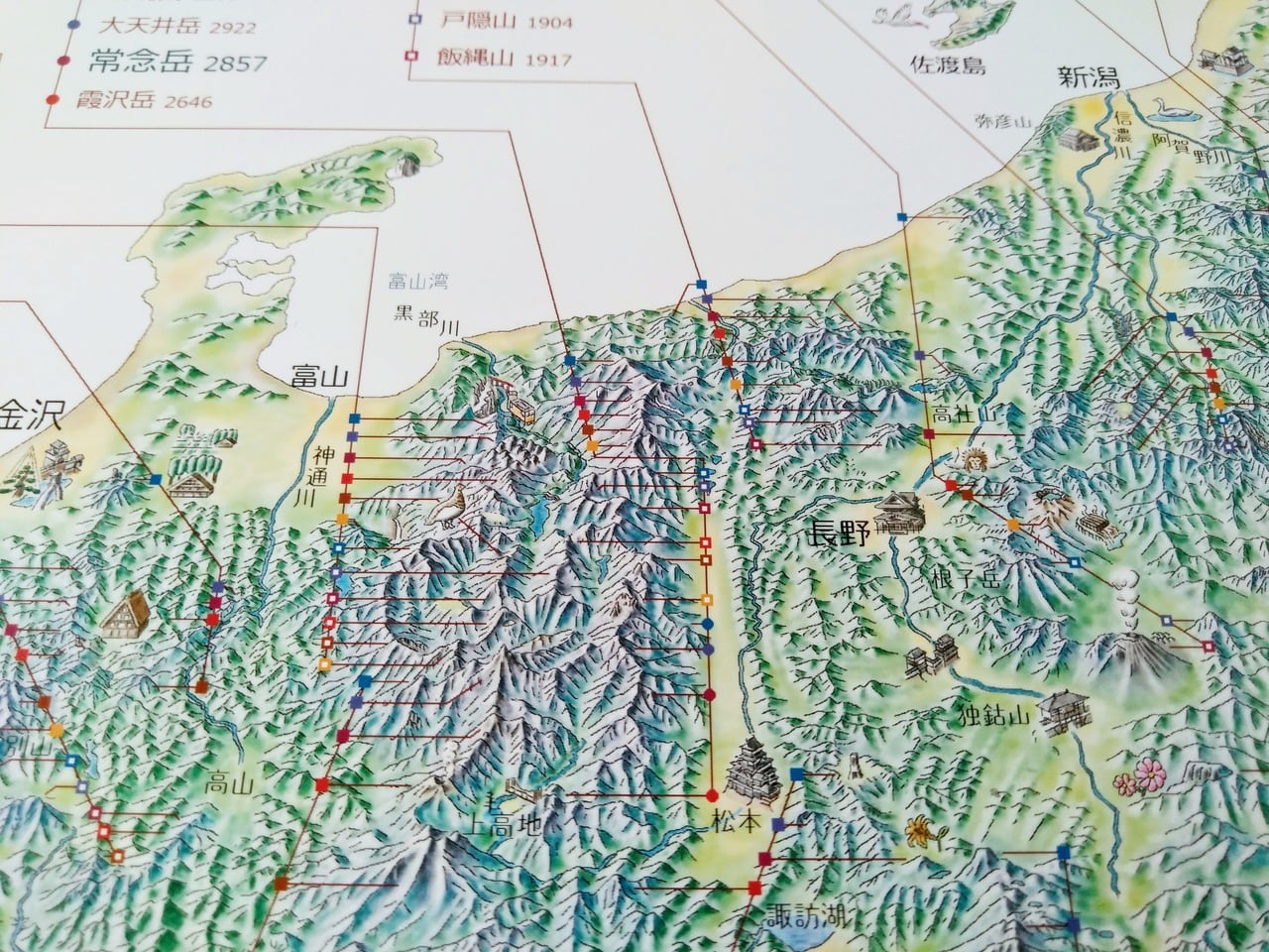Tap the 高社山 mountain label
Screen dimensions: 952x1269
(961, 411)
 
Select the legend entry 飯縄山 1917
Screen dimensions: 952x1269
(503, 59)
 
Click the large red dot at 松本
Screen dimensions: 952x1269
(711, 794)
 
